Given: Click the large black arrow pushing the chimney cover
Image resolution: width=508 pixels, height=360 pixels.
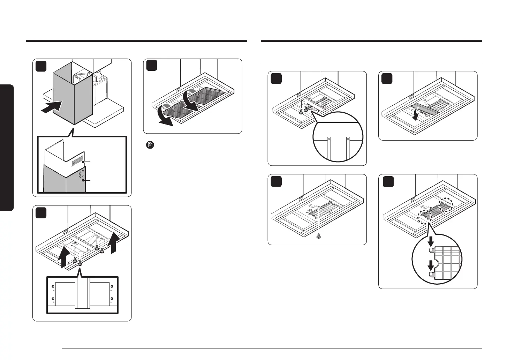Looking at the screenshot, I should [x=51, y=106].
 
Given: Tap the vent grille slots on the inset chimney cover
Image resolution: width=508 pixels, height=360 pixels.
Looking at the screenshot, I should [x=76, y=163].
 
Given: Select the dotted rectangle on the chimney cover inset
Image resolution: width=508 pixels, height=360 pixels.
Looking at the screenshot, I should [x=82, y=174].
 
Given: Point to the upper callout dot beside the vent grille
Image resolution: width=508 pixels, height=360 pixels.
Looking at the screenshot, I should [x=83, y=162].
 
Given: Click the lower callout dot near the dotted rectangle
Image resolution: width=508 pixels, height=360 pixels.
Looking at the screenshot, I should [x=83, y=181].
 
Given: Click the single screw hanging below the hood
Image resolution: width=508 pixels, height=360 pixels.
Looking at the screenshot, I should [x=318, y=236].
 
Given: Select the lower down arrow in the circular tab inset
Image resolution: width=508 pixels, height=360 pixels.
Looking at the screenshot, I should [x=431, y=265].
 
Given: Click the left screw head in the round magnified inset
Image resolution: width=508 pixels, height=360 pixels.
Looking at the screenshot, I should [x=329, y=139].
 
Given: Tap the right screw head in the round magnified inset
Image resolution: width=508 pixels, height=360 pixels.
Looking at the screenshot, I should [x=348, y=139].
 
